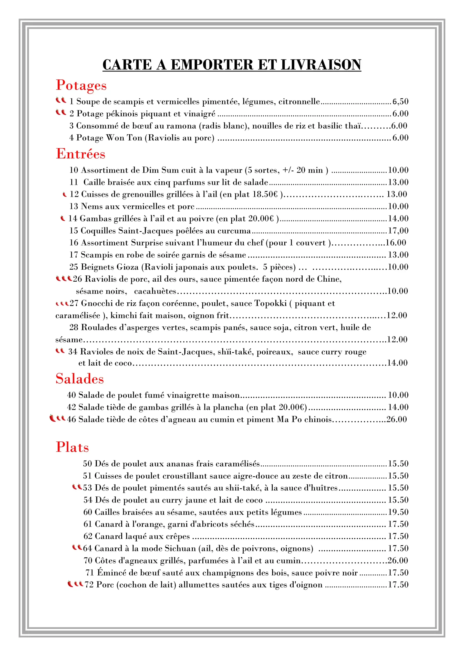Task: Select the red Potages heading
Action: click(x=81, y=85)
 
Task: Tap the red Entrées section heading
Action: click(x=80, y=154)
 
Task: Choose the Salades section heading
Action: click(x=79, y=378)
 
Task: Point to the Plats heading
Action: click(x=72, y=447)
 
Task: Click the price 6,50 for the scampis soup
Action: click(x=400, y=101)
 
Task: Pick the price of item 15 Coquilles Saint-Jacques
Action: click(x=398, y=231)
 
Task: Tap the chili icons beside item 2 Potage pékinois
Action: click(x=61, y=112)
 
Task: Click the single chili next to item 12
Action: click(x=65, y=194)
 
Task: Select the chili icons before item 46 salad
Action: click(x=57, y=418)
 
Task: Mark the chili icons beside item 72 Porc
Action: click(x=75, y=584)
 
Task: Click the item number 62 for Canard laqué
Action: click(x=88, y=536)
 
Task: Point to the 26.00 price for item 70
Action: click(x=397, y=561)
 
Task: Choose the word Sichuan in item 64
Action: click(x=180, y=548)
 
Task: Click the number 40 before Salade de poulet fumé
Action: click(x=71, y=395)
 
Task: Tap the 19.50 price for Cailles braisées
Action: click(x=398, y=512)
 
